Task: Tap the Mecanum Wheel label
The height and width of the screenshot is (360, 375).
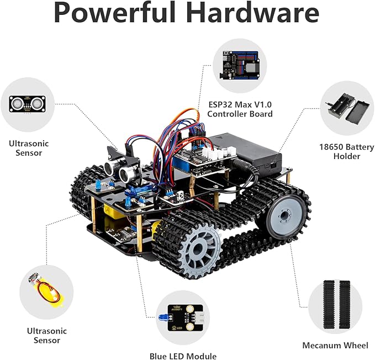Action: [335, 345]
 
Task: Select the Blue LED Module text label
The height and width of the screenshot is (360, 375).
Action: [183, 356]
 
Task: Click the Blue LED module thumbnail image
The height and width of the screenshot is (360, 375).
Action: [183, 318]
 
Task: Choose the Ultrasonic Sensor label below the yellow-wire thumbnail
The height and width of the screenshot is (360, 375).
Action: [47, 336]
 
